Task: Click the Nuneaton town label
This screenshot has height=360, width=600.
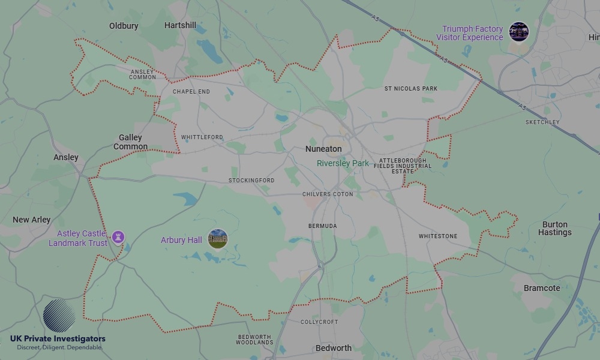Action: (x=323, y=149)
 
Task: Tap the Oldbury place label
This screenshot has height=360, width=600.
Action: (x=124, y=26)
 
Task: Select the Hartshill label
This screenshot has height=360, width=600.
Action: (x=180, y=25)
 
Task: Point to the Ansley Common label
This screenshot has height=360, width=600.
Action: (x=143, y=74)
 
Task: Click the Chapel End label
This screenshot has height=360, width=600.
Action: (x=191, y=92)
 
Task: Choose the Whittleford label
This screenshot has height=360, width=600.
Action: (x=202, y=137)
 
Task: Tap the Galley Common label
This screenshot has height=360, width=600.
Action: (x=130, y=142)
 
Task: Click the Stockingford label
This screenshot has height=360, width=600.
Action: (x=251, y=181)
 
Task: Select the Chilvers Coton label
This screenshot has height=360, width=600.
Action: (x=328, y=194)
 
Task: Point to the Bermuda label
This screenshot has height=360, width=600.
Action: (x=322, y=226)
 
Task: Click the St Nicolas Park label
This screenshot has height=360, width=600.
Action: (x=411, y=89)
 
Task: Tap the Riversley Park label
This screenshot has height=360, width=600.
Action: (x=343, y=163)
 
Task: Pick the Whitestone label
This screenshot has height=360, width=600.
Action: (x=438, y=236)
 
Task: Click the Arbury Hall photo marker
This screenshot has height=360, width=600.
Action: (x=218, y=239)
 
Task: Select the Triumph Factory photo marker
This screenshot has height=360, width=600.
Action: (x=519, y=32)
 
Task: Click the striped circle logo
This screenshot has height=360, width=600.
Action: (x=59, y=316)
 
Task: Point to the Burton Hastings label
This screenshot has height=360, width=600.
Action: (x=555, y=229)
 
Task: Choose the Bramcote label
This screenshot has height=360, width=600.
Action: (x=542, y=288)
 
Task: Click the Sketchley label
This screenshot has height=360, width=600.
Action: (x=542, y=122)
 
